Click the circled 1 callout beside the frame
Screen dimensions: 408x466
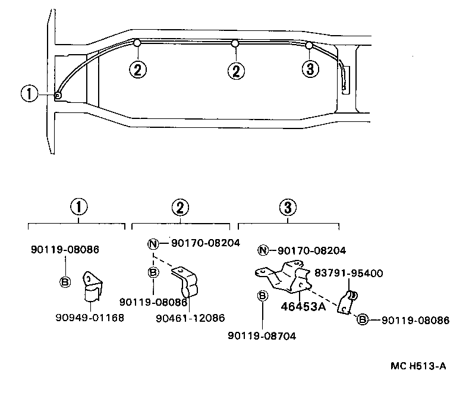coord(29,93)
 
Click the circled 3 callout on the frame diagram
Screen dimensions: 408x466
coord(308,69)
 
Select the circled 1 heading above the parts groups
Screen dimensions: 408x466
coord(78,207)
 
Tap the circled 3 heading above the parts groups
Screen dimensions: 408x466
coord(287,207)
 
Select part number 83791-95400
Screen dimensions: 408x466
coord(349,274)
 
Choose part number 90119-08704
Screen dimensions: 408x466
coord(262,335)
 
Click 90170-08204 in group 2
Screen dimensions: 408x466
coord(205,243)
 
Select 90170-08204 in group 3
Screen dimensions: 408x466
coord(311,250)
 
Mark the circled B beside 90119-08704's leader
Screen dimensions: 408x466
coord(262,296)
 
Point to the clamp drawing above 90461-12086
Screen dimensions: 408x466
coord(185,282)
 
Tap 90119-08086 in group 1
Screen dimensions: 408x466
coord(65,250)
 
